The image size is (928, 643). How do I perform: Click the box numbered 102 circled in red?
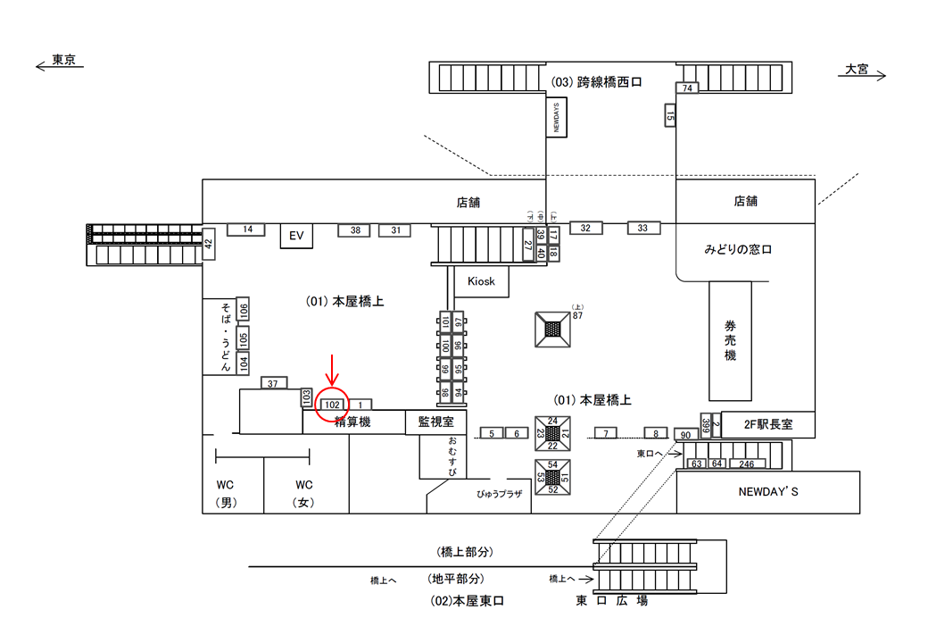point(332,404)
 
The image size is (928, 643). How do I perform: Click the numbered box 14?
point(247,230)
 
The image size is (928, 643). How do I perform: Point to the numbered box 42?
point(209,243)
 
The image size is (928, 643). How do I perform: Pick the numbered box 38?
point(354,230)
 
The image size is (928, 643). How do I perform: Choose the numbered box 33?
point(642,228)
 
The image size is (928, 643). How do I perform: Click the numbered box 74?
point(687,88)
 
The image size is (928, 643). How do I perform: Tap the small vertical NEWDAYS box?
point(557,117)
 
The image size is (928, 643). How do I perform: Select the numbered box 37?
point(273,383)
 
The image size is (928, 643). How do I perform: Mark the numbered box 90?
point(685,435)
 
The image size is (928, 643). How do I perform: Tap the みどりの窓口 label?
point(738,250)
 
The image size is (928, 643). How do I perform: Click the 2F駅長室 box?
point(767,425)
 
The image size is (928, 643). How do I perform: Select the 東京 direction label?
point(62,61)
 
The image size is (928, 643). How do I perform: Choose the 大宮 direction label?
point(858,69)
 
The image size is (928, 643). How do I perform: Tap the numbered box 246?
point(747,463)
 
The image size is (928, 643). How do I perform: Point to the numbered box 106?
point(244,310)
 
